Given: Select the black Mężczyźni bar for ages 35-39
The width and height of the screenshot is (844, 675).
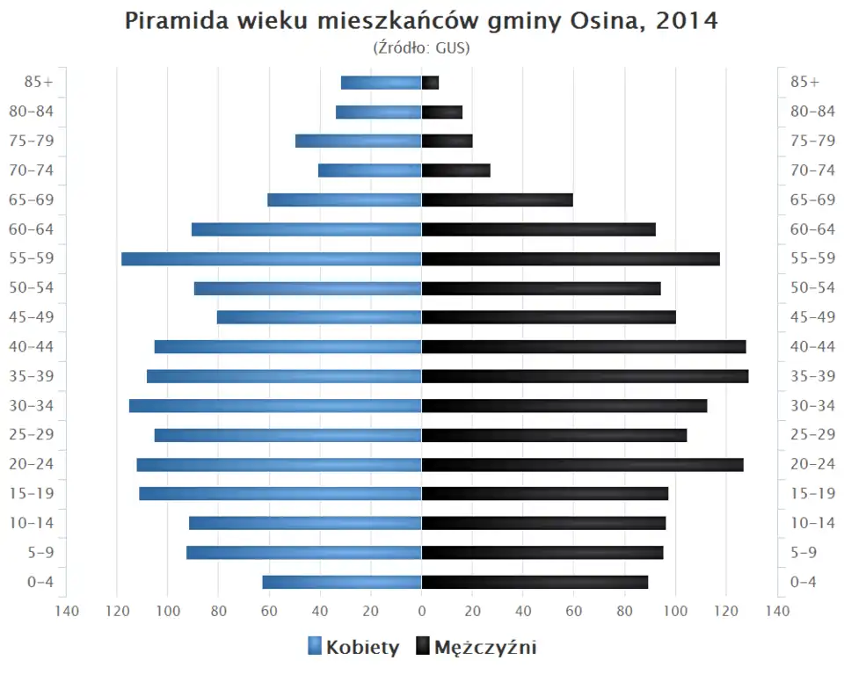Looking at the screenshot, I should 585,376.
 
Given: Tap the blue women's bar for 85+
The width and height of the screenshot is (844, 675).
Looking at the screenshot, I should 382,83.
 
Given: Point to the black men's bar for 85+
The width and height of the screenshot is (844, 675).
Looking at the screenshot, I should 430,83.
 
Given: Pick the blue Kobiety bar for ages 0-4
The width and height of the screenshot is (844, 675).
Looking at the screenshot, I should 342,582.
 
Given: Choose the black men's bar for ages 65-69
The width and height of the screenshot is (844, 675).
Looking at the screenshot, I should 497,200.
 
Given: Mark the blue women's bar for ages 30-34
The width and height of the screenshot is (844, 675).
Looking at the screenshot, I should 275,406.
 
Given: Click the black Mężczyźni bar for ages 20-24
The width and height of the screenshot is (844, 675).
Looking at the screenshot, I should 582,465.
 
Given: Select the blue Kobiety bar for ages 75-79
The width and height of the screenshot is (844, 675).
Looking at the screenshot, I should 359,142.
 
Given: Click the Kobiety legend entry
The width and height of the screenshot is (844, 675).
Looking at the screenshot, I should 353,648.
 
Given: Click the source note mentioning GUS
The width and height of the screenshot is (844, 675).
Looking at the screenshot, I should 422,47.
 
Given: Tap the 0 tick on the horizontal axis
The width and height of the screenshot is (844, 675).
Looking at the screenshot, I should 422,612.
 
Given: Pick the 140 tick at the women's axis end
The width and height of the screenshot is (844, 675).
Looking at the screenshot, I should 67,612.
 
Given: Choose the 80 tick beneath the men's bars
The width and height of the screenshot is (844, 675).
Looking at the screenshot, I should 624,612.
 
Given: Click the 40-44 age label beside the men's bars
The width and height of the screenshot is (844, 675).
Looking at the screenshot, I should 812,347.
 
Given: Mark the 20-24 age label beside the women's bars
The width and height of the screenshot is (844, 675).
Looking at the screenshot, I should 33,465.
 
